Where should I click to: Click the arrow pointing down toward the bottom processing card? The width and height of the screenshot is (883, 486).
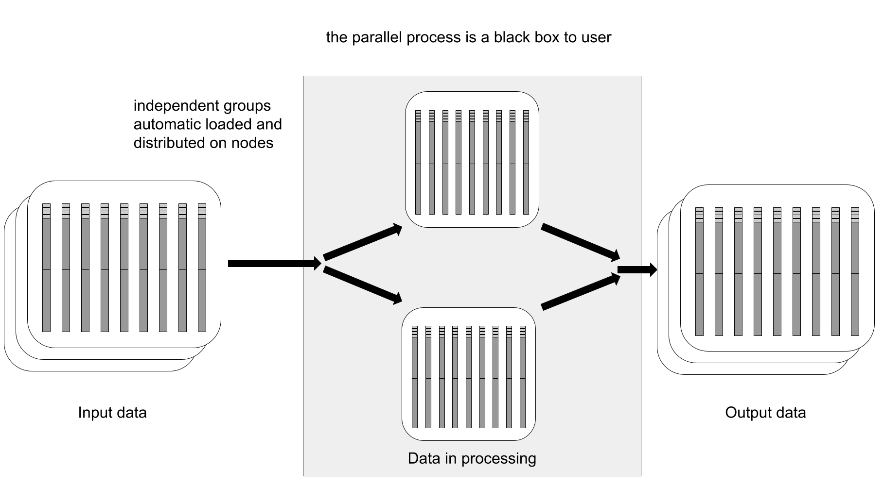click(x=363, y=285)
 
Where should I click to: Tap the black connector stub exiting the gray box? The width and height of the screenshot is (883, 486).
click(x=629, y=269)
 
